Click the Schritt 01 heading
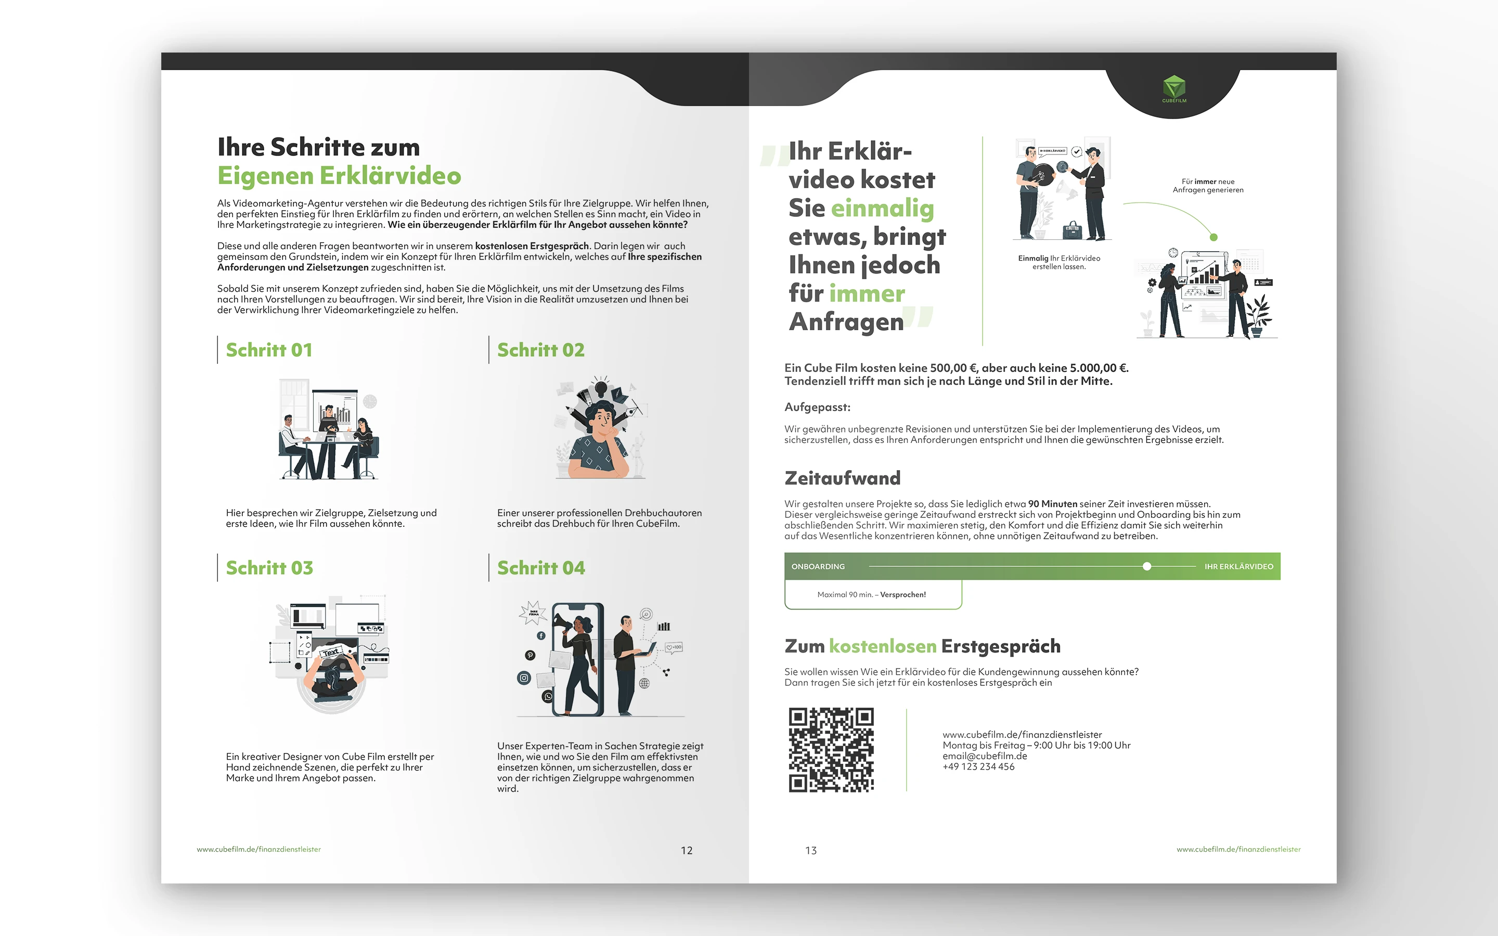(269, 350)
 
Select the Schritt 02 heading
(541, 350)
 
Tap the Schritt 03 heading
(269, 568)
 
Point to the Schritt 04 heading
(541, 568)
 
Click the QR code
(831, 750)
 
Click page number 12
(687, 851)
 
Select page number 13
(811, 851)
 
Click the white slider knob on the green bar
(1147, 566)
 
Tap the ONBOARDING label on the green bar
(818, 566)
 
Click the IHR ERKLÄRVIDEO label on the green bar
(1238, 566)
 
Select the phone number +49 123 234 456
(979, 766)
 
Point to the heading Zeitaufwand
(843, 478)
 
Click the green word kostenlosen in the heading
(883, 646)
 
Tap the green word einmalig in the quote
(882, 209)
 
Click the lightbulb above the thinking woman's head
(600, 387)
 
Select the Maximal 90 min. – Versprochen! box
(873, 594)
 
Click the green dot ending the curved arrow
(1213, 237)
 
